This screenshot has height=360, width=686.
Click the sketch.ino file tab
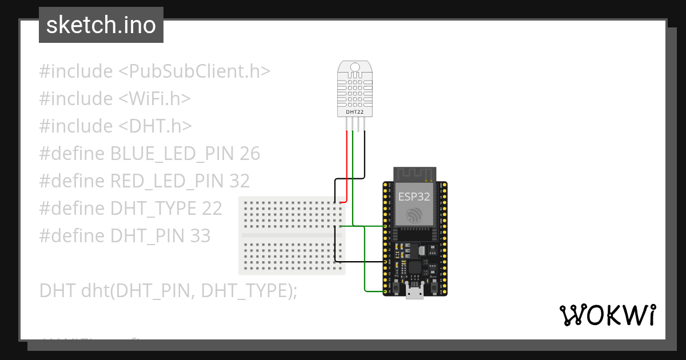click(101, 25)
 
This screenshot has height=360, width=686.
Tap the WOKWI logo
click(607, 315)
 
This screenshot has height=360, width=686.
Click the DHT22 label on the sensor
click(355, 113)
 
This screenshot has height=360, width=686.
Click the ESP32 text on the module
click(414, 197)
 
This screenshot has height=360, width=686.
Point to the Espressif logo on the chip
click(414, 215)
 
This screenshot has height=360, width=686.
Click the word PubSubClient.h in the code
click(194, 71)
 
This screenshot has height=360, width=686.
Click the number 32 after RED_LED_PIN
click(239, 181)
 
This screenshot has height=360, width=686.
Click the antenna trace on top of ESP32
click(414, 173)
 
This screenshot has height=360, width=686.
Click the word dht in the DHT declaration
click(93, 290)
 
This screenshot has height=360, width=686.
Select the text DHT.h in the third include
click(155, 126)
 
